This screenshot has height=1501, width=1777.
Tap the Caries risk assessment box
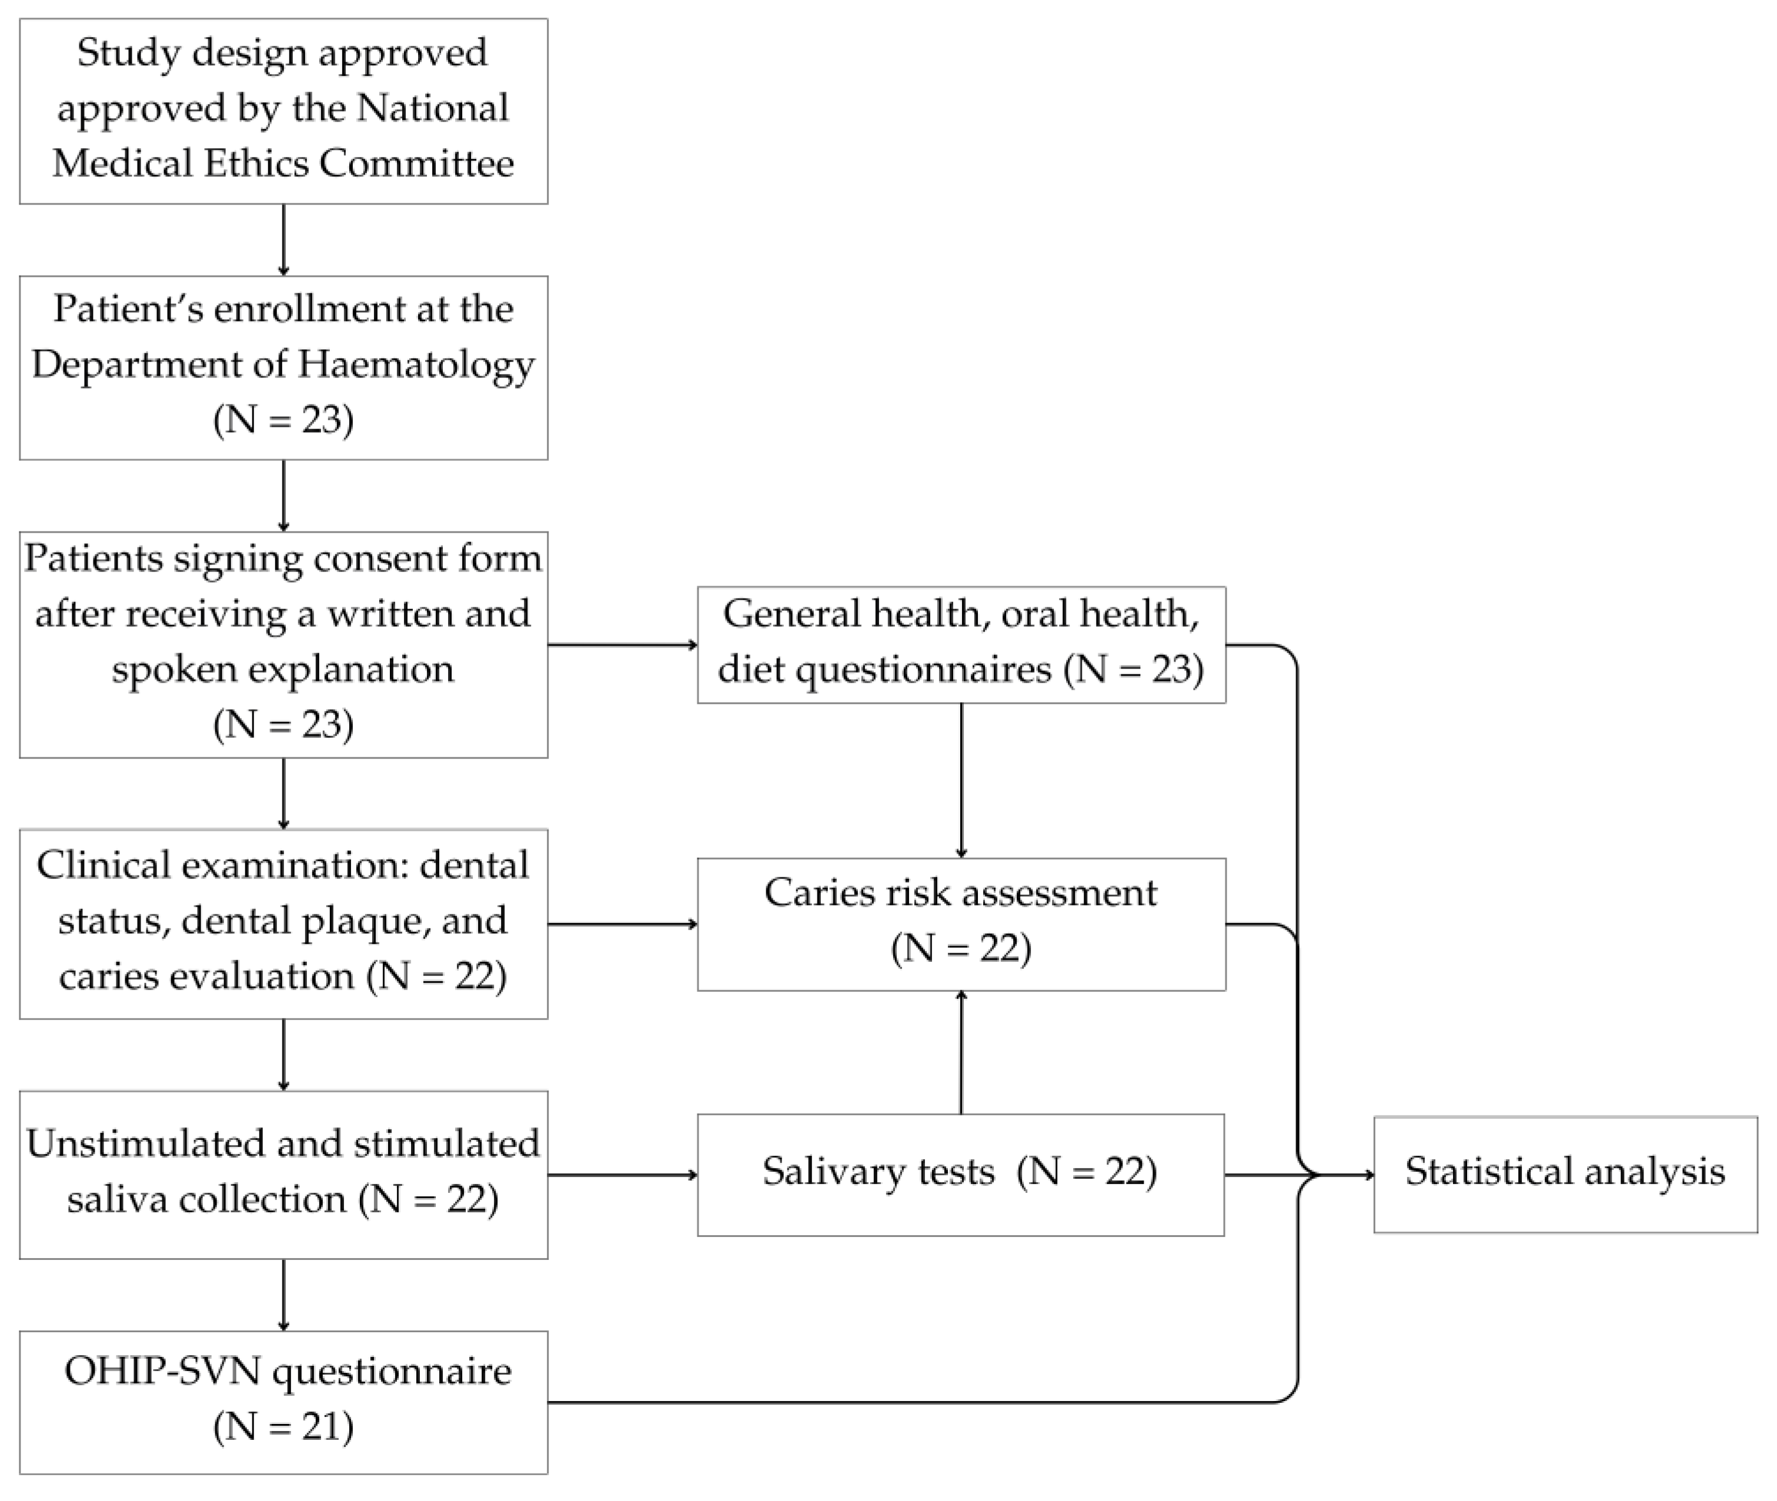coord(960,923)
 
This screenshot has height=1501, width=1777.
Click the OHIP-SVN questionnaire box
coord(283,1400)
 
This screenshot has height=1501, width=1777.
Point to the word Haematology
coord(416,364)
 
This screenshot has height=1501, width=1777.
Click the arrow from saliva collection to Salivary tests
coord(622,1175)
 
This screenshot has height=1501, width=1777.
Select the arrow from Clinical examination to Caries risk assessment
coord(622,923)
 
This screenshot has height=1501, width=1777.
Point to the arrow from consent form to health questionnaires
coord(622,645)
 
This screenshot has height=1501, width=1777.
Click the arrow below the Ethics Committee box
coord(283,239)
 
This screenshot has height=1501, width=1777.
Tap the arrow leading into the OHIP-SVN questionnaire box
coord(283,1294)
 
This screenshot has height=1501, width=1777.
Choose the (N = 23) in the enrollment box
coord(283,420)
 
